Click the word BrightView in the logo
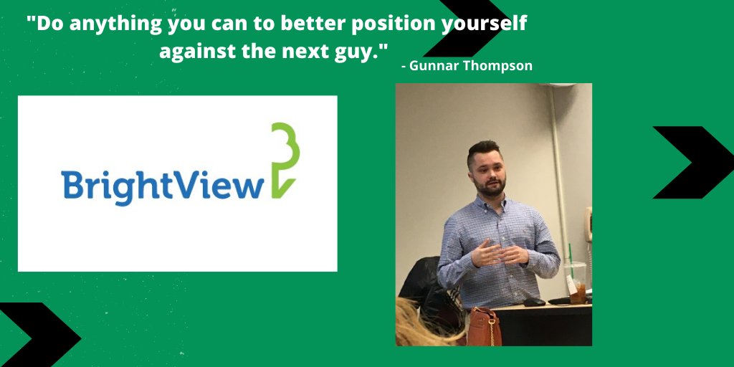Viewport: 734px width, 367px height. coord(163,186)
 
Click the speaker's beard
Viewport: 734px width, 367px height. coord(489,185)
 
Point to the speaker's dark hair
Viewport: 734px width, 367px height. coord(483,150)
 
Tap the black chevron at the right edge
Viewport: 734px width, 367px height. coord(687,163)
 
